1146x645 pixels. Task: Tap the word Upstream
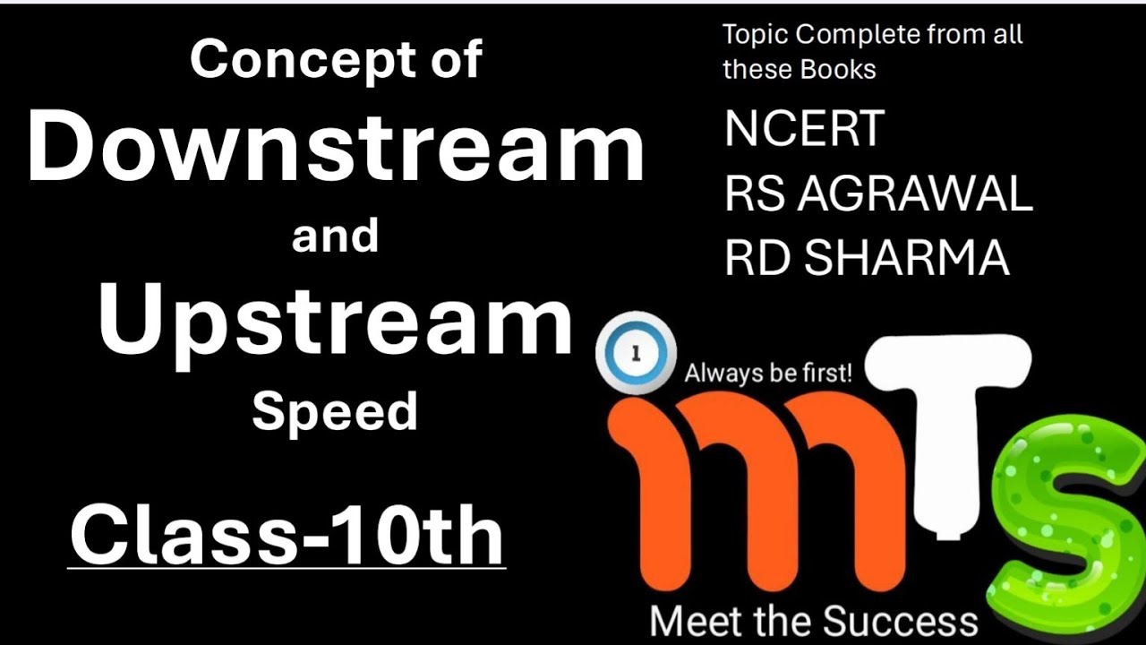point(336,320)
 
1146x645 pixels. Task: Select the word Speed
point(335,412)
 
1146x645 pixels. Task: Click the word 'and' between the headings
point(335,236)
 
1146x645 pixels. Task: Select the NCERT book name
point(804,128)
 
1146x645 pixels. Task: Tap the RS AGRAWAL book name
point(878,193)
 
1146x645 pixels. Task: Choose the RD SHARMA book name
point(867,258)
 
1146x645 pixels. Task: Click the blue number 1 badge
point(636,354)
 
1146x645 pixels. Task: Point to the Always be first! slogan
point(767,372)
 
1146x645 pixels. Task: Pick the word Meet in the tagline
point(692,621)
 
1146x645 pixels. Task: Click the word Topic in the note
point(756,35)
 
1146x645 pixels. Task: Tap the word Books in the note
point(838,69)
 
